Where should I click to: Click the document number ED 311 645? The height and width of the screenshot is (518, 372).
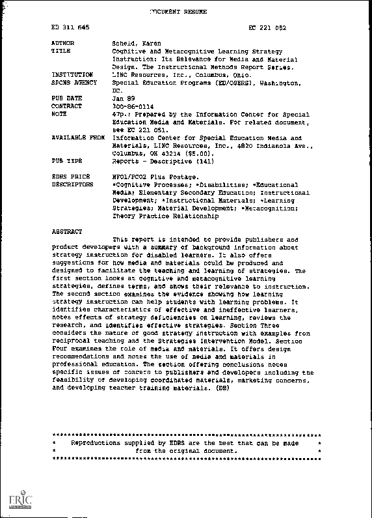tap(70, 29)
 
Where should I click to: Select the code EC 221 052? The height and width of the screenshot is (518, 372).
tap(268, 29)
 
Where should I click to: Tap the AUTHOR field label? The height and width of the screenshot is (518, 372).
tap(62, 43)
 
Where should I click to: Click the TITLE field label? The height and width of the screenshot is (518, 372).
tap(60, 51)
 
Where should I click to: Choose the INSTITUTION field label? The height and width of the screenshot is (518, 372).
tap(72, 75)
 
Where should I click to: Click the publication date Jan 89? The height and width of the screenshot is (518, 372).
tap(124, 98)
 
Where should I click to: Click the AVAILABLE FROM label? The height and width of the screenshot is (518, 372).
tap(77, 138)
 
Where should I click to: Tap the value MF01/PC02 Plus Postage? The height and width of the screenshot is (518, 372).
tap(154, 177)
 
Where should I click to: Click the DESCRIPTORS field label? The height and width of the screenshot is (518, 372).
tap(72, 185)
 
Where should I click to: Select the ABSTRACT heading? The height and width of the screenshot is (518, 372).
tap(67, 232)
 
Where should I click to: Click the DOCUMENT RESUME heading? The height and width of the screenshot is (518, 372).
tap(178, 12)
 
